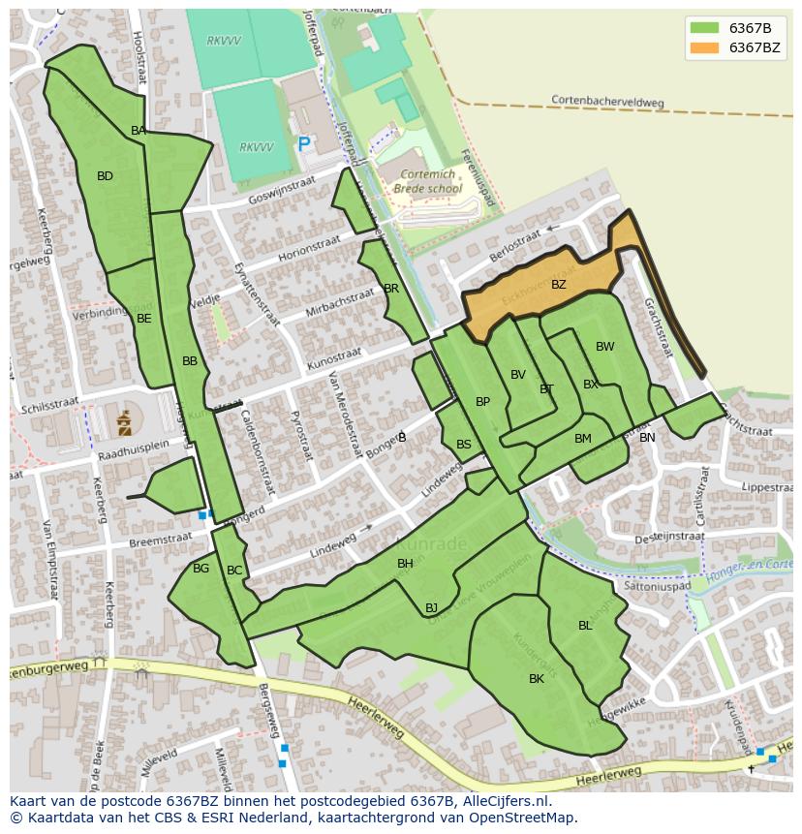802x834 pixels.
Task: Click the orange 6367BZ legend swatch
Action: pos(704,47)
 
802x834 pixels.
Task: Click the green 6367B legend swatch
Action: pos(704,28)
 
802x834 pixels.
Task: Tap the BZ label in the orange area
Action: pos(558,285)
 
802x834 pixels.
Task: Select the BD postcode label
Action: pos(105,176)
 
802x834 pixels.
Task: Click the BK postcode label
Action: pos(537,679)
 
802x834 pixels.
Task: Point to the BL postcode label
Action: pos(585,626)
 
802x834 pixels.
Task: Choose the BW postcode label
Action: pos(604,347)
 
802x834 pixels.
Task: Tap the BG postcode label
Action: pos(200,569)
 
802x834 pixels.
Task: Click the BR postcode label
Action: pos(391,289)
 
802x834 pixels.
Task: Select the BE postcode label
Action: pos(143,318)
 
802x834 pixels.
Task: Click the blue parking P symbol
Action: pos(304,144)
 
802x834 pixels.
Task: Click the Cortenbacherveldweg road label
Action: pos(608,100)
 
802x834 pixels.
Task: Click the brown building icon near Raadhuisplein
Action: pos(124,422)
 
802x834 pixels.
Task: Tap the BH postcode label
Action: pos(405,564)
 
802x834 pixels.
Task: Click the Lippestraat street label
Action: pos(761,488)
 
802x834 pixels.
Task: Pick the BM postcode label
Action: pos(582,439)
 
